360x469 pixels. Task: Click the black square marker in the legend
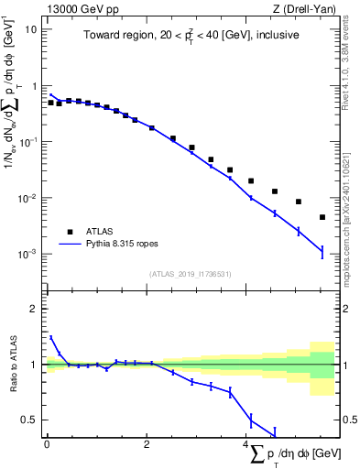pyautogui.click(x=70, y=232)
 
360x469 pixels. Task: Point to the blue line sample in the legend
pyautogui.click(x=70, y=245)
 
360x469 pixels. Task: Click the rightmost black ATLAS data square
pyautogui.click(x=322, y=217)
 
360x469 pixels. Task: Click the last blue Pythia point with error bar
pyautogui.click(x=322, y=251)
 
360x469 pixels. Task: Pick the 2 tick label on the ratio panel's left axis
pyautogui.click(x=35, y=309)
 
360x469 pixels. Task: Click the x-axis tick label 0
pyautogui.click(x=47, y=444)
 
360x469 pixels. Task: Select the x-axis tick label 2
pyautogui.click(x=147, y=444)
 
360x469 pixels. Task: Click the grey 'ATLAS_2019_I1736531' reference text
pyautogui.click(x=190, y=274)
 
